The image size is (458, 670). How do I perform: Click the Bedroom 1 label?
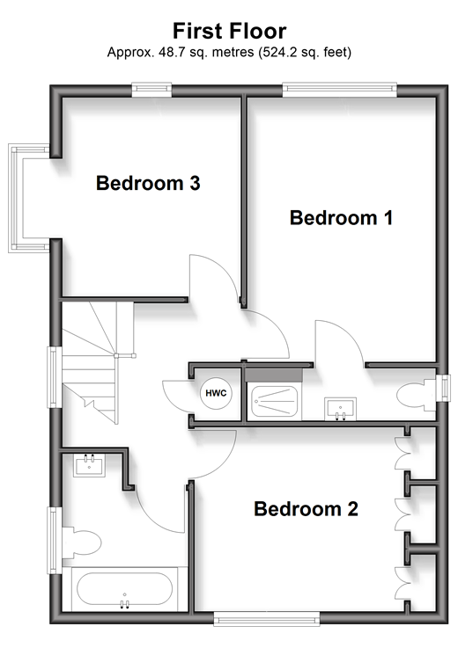click(341, 217)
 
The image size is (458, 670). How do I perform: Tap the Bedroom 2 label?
click(306, 509)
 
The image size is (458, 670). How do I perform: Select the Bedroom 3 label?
click(148, 183)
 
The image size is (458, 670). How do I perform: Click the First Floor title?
click(229, 31)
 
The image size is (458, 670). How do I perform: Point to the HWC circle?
click(216, 393)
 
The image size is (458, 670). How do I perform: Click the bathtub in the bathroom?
click(124, 589)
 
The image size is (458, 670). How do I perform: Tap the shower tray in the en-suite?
click(275, 402)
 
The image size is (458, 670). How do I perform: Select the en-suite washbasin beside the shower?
click(340, 409)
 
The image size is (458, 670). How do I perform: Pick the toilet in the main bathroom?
click(81, 543)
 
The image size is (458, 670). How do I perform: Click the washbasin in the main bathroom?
click(89, 465)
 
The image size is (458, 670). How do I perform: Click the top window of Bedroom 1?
click(339, 90)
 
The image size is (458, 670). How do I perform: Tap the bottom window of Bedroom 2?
click(267, 618)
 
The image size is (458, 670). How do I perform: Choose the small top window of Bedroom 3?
click(151, 90)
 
